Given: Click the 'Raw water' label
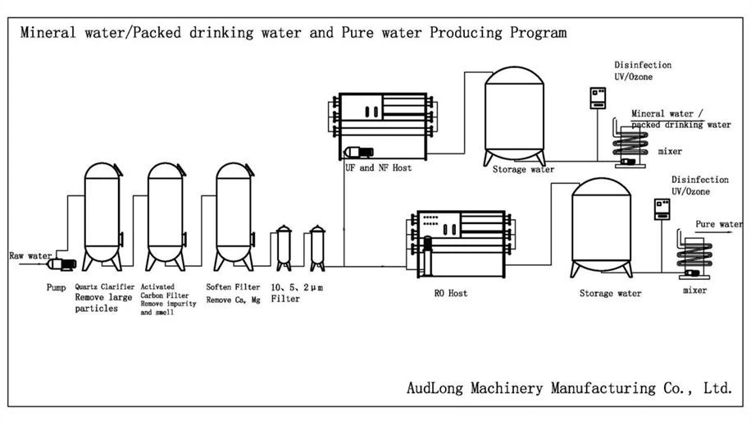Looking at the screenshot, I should tap(28, 256).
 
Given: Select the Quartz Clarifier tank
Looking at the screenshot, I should tap(102, 216).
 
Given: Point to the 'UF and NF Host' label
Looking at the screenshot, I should tap(378, 167).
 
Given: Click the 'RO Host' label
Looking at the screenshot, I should tap(451, 292).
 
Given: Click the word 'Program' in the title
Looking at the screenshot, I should tap(538, 34).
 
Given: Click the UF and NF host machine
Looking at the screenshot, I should tap(381, 127).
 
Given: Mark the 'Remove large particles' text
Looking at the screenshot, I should tap(102, 303).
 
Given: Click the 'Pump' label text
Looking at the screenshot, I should tap(57, 288).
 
